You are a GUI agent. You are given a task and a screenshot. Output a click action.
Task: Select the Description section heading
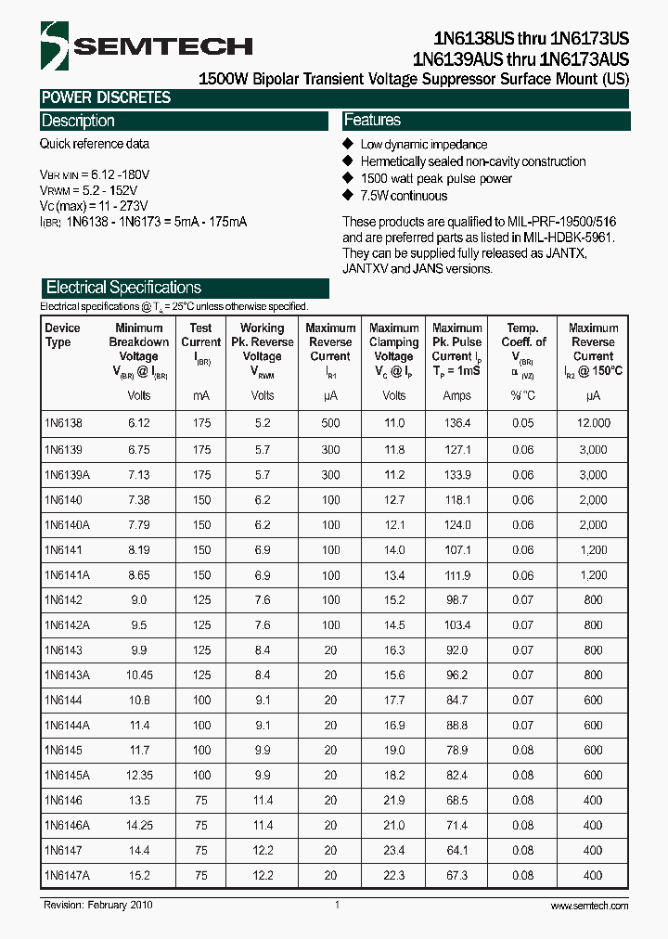[78, 121]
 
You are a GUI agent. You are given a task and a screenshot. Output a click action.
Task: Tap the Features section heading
[372, 121]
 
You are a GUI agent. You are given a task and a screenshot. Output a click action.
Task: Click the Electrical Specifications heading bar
[123, 288]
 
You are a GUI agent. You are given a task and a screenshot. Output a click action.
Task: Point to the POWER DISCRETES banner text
[106, 97]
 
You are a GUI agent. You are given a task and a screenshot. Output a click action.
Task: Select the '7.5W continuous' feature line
[404, 196]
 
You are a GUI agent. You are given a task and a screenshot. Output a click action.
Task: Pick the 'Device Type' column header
[62, 335]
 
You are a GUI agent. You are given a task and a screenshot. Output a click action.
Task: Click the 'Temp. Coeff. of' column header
[522, 335]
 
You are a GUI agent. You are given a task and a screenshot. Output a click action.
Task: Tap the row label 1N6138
[63, 423]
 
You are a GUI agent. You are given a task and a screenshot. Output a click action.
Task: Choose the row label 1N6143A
[67, 675]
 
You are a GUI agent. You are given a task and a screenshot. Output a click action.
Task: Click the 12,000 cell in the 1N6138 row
[593, 423]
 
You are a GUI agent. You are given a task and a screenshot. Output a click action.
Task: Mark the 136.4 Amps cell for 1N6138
[456, 423]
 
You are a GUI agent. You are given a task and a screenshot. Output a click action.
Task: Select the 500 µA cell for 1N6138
[330, 423]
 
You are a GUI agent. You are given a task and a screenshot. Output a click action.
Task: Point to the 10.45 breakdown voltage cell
[138, 675]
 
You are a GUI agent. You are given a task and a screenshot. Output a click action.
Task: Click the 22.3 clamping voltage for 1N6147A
[393, 875]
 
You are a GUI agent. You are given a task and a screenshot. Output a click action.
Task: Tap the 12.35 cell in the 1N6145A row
[138, 775]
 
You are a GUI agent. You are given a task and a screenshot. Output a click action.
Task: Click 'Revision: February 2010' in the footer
[97, 906]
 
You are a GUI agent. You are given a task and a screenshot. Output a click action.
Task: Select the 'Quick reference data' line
[94, 144]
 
